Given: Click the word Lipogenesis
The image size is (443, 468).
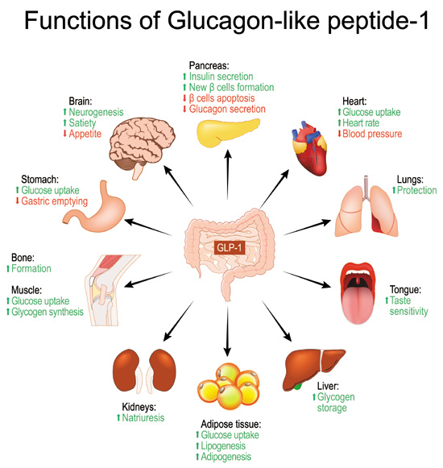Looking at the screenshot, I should click(x=227, y=446).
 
